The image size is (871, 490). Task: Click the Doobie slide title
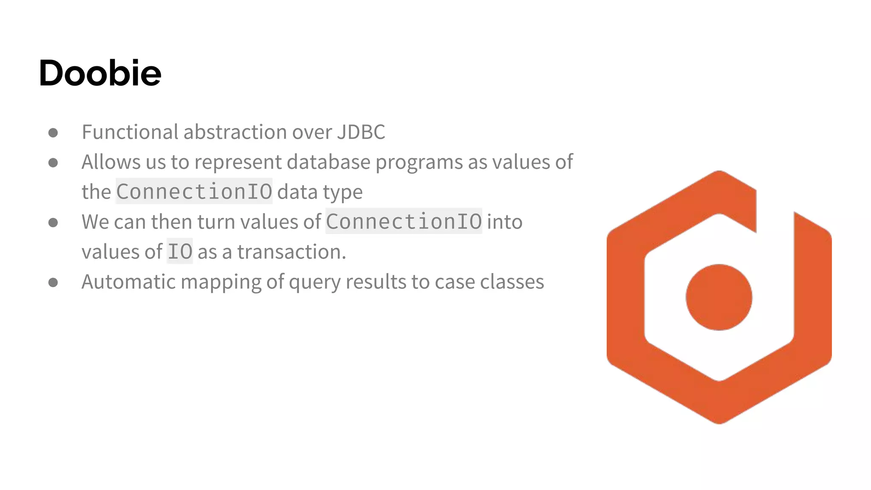pos(100,73)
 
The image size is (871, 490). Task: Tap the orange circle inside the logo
pos(719,297)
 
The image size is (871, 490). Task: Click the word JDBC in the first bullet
pos(361,132)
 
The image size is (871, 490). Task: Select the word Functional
pos(130,132)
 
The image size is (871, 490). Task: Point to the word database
pos(328,162)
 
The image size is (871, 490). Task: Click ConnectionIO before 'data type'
pos(194,192)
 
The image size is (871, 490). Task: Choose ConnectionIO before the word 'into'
pos(404,222)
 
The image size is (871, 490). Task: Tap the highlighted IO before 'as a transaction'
pos(179,252)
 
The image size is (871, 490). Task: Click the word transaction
pos(291,252)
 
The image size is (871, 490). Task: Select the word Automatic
pos(129,282)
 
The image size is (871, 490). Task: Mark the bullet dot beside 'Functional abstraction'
pos(53,133)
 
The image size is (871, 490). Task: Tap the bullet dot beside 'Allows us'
pos(53,162)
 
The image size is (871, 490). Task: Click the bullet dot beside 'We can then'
pos(53,222)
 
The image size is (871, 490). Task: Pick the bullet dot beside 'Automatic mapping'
pos(53,282)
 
